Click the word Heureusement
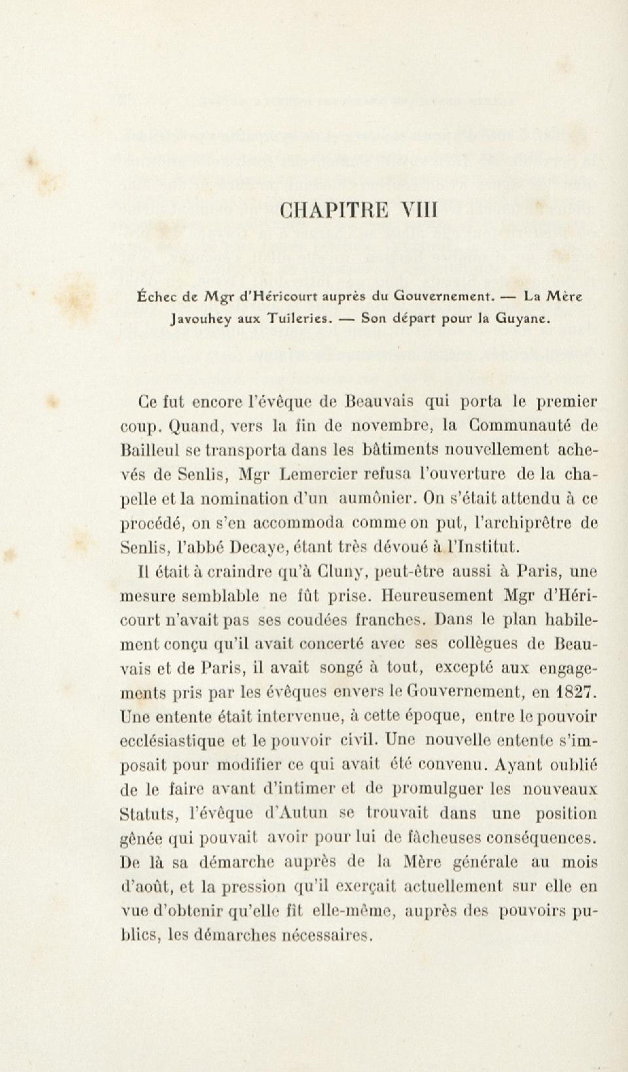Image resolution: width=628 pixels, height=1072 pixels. [x=438, y=596]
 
